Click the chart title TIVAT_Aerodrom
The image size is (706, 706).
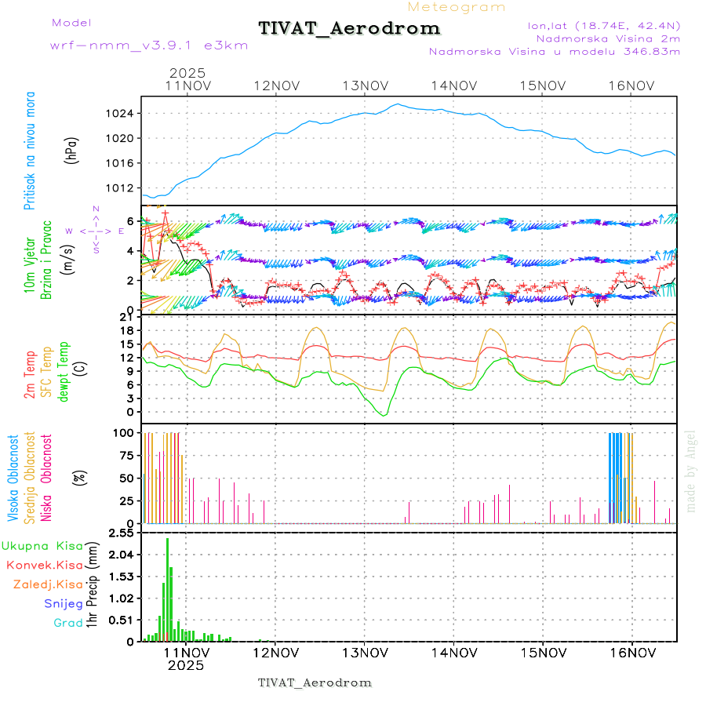coord(349,28)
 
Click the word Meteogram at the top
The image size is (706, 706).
coord(457,7)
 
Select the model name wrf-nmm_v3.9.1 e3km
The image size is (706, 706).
coord(149,45)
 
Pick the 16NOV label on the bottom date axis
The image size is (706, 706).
coord(631,651)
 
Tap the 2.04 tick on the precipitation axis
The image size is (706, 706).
coord(121,555)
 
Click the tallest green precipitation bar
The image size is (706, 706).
coord(167,588)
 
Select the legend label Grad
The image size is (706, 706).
coord(68,624)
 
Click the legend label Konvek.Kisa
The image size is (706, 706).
coord(45,565)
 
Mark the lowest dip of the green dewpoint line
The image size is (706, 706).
coord(384,414)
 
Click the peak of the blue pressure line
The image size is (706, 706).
coord(397,104)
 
